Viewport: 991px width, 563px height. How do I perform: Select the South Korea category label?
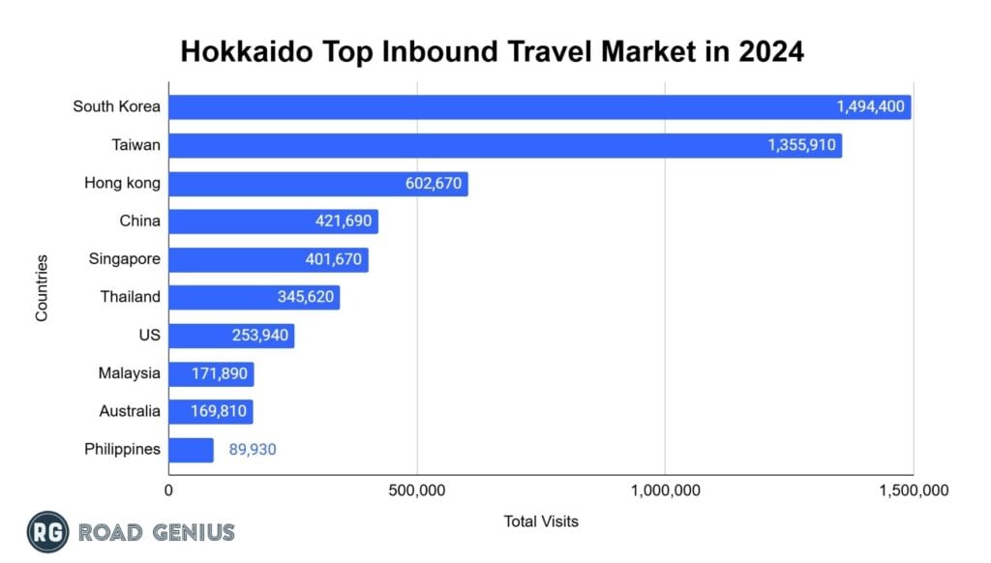pos(116,106)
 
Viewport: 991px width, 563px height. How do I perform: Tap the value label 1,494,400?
pos(871,106)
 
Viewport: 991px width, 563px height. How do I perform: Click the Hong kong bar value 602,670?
pos(431,184)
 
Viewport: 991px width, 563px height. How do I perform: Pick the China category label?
pos(139,222)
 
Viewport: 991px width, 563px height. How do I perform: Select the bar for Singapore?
pos(268,259)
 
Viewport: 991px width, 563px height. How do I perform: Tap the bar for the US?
pos(231,336)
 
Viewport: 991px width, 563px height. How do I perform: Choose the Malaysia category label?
pos(130,373)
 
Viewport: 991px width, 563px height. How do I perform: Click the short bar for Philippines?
pos(192,450)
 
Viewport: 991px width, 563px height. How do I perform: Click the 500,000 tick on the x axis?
pos(418,491)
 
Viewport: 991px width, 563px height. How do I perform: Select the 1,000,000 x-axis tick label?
pos(666,491)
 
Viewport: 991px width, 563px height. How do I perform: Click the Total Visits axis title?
pos(541,521)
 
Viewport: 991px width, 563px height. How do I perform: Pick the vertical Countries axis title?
pos(43,287)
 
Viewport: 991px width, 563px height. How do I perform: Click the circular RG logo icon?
pos(46,532)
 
